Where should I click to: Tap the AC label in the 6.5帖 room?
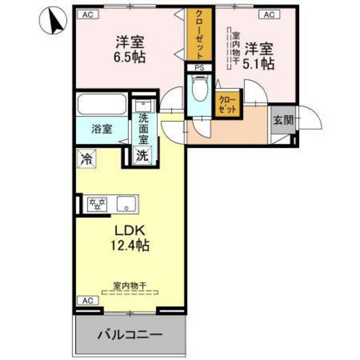88,14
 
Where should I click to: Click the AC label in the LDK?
86,300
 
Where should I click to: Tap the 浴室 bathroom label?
101,128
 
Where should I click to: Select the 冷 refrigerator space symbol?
85,158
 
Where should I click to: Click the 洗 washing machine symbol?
141,155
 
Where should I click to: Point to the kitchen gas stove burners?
98,204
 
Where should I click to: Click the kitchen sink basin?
126,205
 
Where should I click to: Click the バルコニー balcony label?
130,335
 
